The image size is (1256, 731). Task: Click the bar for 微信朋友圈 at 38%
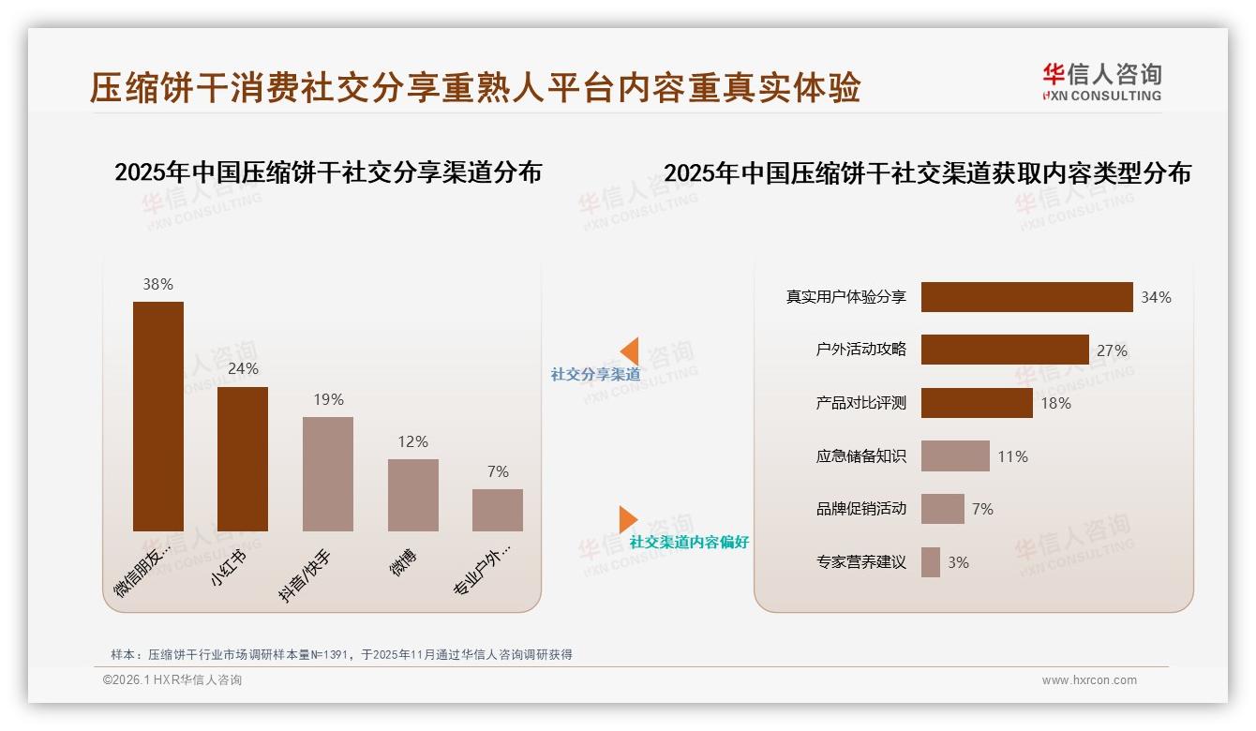click(158, 416)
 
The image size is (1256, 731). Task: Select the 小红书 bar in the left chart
click(243, 459)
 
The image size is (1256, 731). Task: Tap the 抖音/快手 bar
click(328, 474)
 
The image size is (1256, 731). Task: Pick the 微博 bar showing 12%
click(412, 495)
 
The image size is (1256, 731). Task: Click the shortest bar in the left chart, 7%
click(498, 510)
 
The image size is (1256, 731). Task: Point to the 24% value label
click(243, 369)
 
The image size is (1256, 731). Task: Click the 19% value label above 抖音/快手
click(328, 399)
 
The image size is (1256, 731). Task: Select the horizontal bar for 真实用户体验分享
click(1026, 297)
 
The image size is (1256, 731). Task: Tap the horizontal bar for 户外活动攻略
click(1005, 350)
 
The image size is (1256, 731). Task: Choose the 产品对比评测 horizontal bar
click(977, 403)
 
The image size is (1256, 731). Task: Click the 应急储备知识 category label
click(860, 456)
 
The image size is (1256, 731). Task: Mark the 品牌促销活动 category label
click(860, 509)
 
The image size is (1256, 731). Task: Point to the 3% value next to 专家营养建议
click(958, 562)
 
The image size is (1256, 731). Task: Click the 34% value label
click(1156, 297)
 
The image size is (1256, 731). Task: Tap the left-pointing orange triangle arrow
click(630, 351)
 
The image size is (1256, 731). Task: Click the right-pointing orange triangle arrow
click(628, 519)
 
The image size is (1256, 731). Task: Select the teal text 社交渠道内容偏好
click(689, 543)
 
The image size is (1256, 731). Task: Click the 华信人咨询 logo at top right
click(1101, 82)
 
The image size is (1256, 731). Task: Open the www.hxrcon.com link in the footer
click(1089, 680)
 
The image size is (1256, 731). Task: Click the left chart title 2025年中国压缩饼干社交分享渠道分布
click(328, 172)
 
